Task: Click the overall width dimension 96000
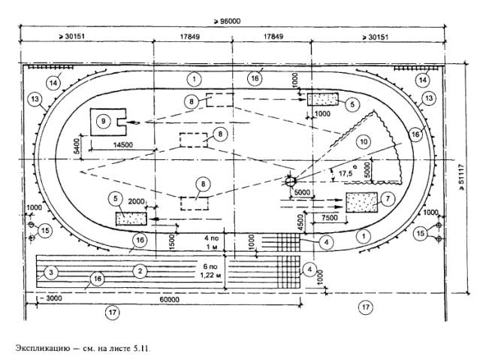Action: [227, 21]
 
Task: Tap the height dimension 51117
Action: [462, 177]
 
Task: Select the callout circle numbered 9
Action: [103, 121]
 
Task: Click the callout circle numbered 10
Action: [364, 142]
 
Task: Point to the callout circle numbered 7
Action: [388, 198]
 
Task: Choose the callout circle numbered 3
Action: [51, 273]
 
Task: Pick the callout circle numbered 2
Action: [140, 271]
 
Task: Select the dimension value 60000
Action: [169, 300]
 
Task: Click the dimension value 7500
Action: [330, 218]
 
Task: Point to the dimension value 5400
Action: [77, 147]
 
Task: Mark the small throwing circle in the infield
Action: [291, 181]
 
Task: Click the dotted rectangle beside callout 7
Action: [362, 202]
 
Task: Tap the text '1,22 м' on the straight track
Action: [210, 275]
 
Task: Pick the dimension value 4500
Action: [300, 222]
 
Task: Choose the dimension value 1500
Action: [173, 243]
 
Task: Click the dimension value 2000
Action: [136, 201]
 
